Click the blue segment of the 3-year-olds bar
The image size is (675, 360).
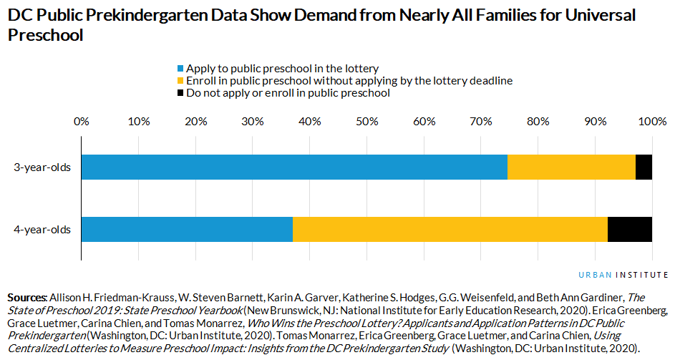293,167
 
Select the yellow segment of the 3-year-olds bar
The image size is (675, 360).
571,167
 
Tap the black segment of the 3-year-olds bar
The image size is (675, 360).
644,167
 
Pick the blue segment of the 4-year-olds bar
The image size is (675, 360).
187,229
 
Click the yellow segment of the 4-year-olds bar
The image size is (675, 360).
450,229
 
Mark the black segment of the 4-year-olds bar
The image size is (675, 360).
629,229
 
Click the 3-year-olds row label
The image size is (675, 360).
42,167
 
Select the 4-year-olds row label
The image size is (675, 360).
42,229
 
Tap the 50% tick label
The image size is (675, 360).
366,121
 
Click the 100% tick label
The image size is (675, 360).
651,121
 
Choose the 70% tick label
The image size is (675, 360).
481,121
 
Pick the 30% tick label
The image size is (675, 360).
253,121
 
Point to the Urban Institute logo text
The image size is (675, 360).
623,275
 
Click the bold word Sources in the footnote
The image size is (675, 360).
26,296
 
